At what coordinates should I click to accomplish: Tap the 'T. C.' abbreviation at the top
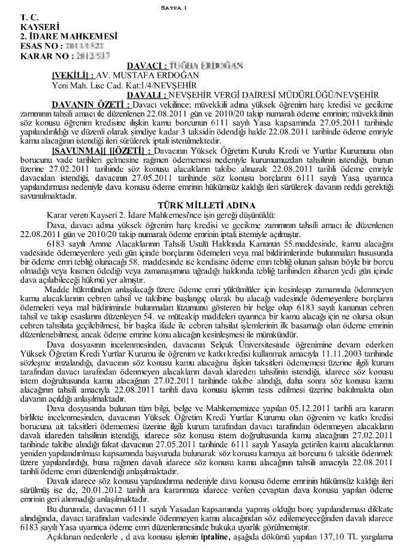click(28, 18)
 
